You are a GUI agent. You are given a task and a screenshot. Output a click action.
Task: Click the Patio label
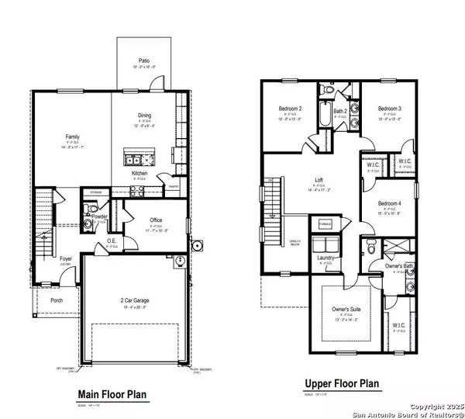point(144,61)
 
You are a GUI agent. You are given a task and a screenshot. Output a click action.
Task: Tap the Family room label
point(72,136)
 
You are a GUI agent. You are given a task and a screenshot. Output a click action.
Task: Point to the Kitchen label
point(139,173)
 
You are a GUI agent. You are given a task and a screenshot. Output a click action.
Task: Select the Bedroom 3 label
point(390,109)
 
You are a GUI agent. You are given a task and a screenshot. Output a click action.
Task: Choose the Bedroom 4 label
point(390,203)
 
